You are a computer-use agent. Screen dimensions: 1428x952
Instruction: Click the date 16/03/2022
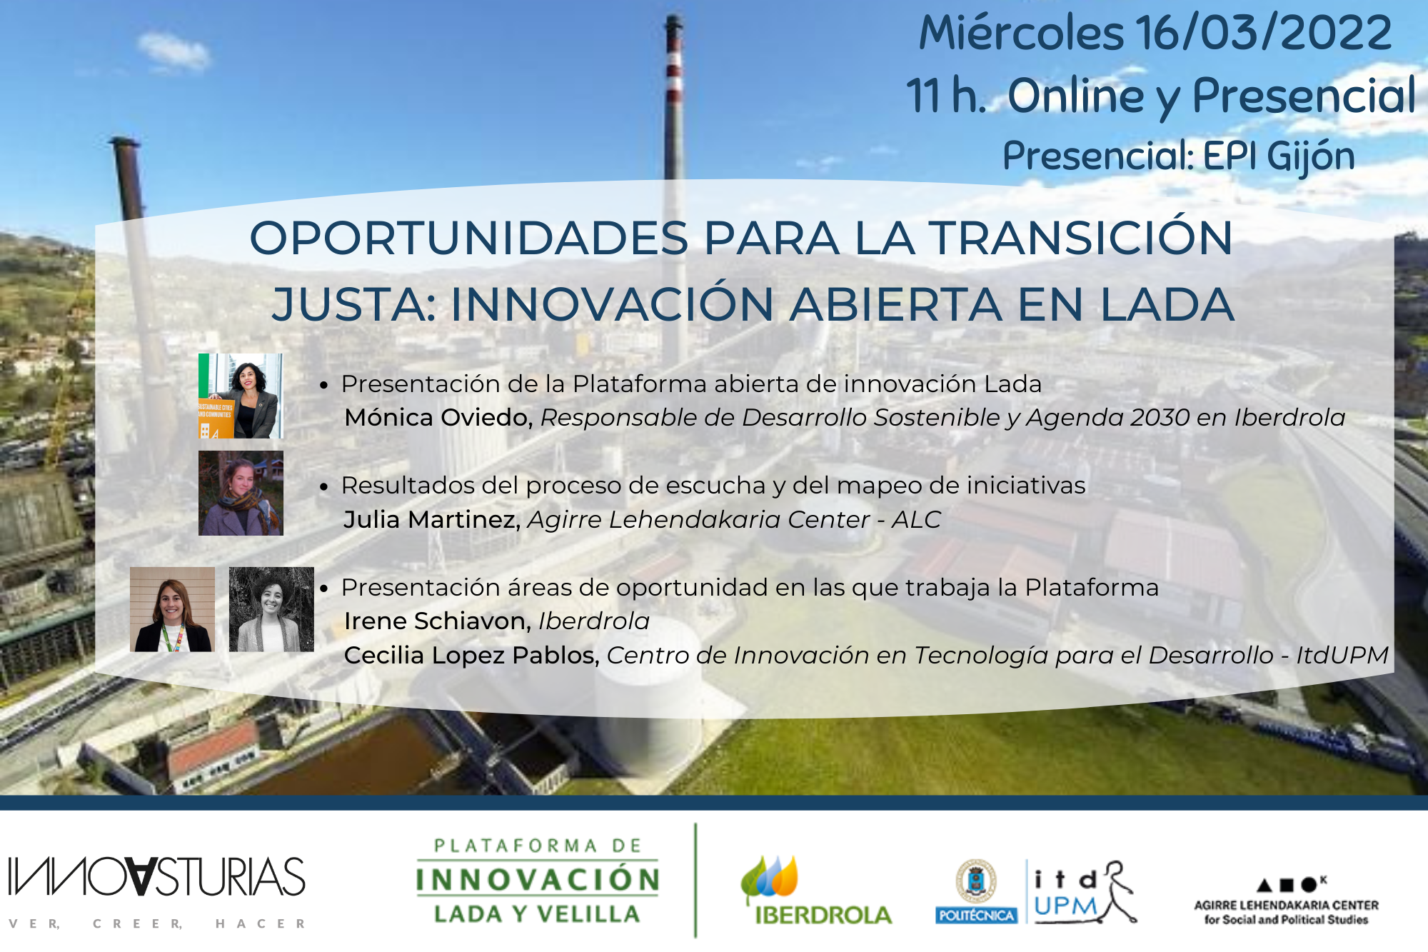(1264, 33)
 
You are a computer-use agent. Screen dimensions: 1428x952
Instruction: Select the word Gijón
(1311, 156)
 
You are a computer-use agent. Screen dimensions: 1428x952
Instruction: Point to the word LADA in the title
(1167, 304)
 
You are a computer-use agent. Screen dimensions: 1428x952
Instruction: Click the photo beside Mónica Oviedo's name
(241, 396)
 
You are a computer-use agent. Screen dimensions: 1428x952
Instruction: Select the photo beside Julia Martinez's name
(241, 493)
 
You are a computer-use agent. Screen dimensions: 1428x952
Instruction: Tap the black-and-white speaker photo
(271, 609)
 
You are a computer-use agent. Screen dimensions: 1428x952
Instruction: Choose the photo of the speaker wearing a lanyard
(172, 609)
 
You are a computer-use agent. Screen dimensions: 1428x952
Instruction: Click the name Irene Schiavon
(438, 621)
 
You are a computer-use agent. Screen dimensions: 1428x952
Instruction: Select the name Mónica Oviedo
(438, 417)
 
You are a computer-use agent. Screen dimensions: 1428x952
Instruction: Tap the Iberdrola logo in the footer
(816, 890)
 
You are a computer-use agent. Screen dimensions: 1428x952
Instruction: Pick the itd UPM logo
(1083, 892)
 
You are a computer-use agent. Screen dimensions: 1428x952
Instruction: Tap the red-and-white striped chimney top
(673, 64)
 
